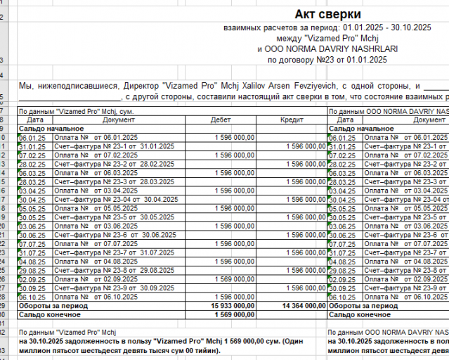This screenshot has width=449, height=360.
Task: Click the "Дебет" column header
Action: coord(220,120)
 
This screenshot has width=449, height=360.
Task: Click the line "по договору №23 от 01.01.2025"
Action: coord(327,60)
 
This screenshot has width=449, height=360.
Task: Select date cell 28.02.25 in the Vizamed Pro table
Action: coord(31,164)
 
